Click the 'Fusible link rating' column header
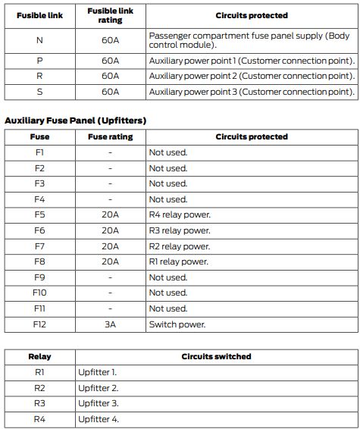[110, 16]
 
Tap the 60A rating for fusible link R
[110, 76]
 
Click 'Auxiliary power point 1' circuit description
[252, 60]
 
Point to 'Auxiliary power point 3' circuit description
[252, 92]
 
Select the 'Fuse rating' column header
[110, 137]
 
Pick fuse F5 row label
[39, 214]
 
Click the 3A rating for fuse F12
[110, 324]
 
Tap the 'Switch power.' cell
[177, 324]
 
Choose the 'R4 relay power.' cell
[180, 214]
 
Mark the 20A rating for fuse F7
[110, 246]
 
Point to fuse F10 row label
[39, 293]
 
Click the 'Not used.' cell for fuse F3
[167, 183]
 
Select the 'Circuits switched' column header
[216, 356]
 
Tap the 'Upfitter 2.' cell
[98, 388]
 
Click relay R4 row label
[39, 419]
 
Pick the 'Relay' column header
[39, 356]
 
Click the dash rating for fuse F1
[110, 152]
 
